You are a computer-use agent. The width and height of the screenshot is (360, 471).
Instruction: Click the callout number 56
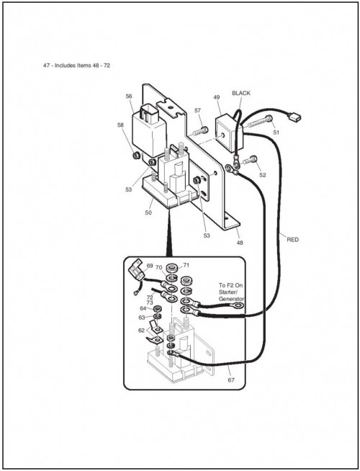tap(129, 96)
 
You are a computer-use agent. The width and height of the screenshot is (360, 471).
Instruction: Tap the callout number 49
tap(217, 97)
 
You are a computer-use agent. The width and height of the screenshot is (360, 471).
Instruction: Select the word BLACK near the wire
tap(241, 93)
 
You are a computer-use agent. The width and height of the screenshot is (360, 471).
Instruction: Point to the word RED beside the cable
tap(293, 240)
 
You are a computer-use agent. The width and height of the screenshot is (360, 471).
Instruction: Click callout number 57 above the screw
tap(197, 110)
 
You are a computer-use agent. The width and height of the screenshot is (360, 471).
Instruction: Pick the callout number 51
tap(276, 133)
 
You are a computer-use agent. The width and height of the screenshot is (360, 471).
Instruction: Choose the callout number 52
tap(263, 175)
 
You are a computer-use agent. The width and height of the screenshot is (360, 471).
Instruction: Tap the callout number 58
tap(120, 125)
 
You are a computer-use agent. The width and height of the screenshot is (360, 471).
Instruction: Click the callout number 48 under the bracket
tap(240, 243)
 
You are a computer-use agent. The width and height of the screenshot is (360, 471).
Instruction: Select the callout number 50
tap(148, 212)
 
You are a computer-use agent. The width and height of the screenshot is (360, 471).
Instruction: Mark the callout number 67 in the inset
tap(231, 380)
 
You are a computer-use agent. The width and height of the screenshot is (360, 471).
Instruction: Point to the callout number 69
tap(150, 266)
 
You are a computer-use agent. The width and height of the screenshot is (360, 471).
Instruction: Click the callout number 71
tap(186, 265)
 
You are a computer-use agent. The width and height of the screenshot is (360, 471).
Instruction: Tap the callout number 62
tap(141, 331)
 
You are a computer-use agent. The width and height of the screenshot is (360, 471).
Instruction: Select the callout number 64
tap(143, 308)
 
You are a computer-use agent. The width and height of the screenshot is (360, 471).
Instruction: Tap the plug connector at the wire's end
tap(294, 117)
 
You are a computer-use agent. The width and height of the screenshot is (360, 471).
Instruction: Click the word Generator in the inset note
tap(231, 299)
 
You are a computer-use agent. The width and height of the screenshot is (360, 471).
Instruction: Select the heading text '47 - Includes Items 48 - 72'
tap(76, 66)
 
